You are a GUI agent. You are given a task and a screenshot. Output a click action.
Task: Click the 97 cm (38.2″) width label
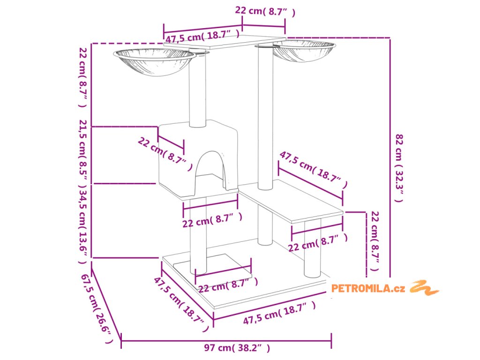coord(237,348)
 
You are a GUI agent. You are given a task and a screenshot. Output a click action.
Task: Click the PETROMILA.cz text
coord(368,289)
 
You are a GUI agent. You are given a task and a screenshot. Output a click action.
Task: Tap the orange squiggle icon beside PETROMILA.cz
coord(424,287)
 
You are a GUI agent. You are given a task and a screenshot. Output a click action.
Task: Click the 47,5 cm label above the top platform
coord(202,35)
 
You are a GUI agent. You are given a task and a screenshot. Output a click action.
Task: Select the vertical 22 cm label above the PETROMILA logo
coord(375,241)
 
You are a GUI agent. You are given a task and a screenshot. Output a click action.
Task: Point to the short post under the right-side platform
coord(312,248)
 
